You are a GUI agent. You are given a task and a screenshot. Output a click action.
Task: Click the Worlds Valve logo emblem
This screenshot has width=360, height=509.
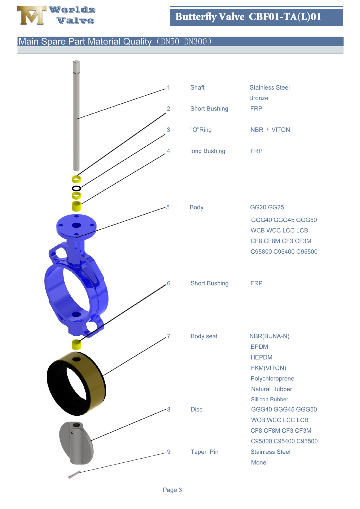[31, 15]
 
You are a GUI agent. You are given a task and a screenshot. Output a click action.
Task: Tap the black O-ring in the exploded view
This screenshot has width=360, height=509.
[76, 188]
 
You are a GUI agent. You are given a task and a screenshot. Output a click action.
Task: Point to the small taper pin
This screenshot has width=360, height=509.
[74, 475]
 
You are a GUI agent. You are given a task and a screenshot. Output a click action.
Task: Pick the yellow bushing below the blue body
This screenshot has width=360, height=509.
[76, 345]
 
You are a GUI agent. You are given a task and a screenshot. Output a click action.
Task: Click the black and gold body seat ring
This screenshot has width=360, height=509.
[76, 383]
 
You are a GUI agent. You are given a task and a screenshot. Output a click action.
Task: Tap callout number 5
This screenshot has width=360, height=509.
[168, 207]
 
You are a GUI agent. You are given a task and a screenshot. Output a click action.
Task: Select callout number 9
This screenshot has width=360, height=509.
[168, 452]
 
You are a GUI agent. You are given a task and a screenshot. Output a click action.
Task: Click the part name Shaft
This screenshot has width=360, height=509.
[197, 87]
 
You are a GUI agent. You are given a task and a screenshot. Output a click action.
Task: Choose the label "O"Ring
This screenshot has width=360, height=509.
[201, 130]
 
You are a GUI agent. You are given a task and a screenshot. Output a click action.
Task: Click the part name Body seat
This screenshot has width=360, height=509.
[204, 336]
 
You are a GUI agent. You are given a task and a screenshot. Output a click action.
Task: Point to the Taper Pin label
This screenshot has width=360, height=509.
[204, 452]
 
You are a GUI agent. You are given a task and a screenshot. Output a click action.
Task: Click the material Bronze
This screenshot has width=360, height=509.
[259, 98]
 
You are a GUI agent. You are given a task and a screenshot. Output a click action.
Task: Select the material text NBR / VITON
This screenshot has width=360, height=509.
[270, 130]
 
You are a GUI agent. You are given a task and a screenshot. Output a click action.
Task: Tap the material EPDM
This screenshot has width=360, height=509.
[259, 347]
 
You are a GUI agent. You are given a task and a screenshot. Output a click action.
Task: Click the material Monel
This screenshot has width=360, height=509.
[259, 462]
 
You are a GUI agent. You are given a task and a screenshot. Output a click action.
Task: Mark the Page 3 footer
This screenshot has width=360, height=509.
[172, 490]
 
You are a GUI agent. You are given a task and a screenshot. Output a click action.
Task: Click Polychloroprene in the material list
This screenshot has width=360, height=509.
[272, 379]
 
